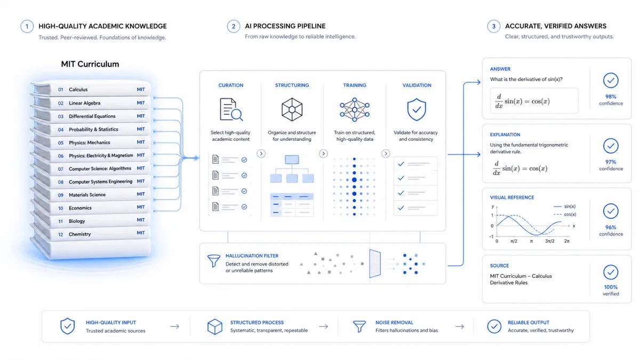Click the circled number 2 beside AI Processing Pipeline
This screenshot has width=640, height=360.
[x=234, y=26]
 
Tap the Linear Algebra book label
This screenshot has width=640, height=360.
[x=85, y=103]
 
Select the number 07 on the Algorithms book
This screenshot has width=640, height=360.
[x=61, y=169]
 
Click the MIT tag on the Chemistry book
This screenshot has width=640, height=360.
[x=141, y=233]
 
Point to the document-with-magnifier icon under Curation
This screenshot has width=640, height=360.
[x=231, y=109]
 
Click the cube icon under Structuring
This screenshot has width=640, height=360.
[x=292, y=109]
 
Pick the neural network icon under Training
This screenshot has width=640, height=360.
[x=355, y=109]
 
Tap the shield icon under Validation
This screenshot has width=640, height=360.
[x=417, y=109]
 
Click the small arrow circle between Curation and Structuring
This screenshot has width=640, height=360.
[x=261, y=154]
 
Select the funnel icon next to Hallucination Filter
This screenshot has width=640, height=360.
[x=214, y=261]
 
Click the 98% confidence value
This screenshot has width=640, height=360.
[x=611, y=97]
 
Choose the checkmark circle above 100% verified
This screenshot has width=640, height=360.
[x=611, y=273]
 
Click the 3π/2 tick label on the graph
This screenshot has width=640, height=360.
[x=550, y=241]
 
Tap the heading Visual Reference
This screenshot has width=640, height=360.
[x=512, y=197]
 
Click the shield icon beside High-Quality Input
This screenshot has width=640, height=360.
[x=67, y=326]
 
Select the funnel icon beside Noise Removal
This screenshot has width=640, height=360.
[x=359, y=326]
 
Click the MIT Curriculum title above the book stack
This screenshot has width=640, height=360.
[x=90, y=64]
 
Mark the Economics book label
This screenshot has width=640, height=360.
[x=80, y=208]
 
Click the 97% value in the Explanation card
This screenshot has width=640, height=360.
[x=611, y=162]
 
